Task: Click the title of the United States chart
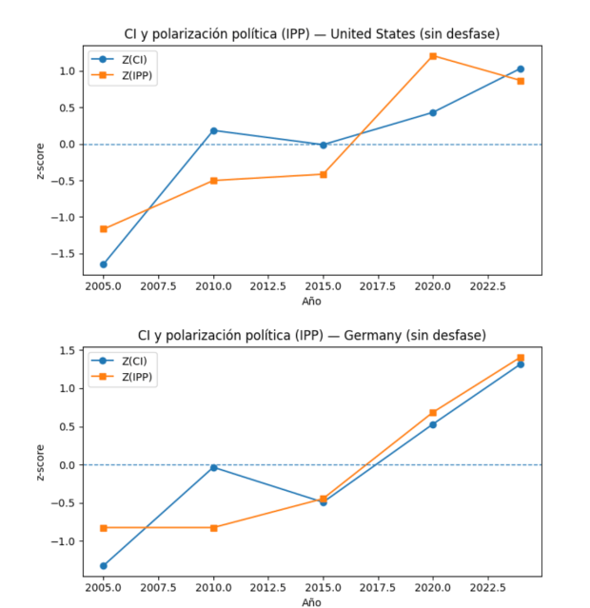pyautogui.click(x=312, y=35)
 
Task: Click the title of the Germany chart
pyautogui.click(x=312, y=335)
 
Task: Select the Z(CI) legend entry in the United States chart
pyautogui.click(x=123, y=59)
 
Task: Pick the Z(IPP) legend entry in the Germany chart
pyautogui.click(x=123, y=377)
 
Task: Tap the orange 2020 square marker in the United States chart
pyautogui.click(x=433, y=56)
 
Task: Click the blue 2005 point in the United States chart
pyautogui.click(x=104, y=265)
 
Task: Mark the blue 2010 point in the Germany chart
pyautogui.click(x=213, y=467)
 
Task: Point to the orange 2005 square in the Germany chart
pyautogui.click(x=104, y=527)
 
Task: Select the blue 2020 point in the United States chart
pyautogui.click(x=433, y=112)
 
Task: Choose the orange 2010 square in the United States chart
pyautogui.click(x=213, y=180)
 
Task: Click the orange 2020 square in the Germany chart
pyautogui.click(x=433, y=413)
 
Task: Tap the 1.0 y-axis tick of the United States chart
pyautogui.click(x=67, y=71)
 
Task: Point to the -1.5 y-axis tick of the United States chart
pyautogui.click(x=64, y=254)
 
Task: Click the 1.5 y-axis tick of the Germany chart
pyautogui.click(x=67, y=350)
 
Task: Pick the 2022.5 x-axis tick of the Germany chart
pyautogui.click(x=487, y=588)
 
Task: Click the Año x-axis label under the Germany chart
pyautogui.click(x=312, y=602)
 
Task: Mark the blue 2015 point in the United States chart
pyautogui.click(x=324, y=145)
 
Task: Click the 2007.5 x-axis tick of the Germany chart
pyautogui.click(x=159, y=588)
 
